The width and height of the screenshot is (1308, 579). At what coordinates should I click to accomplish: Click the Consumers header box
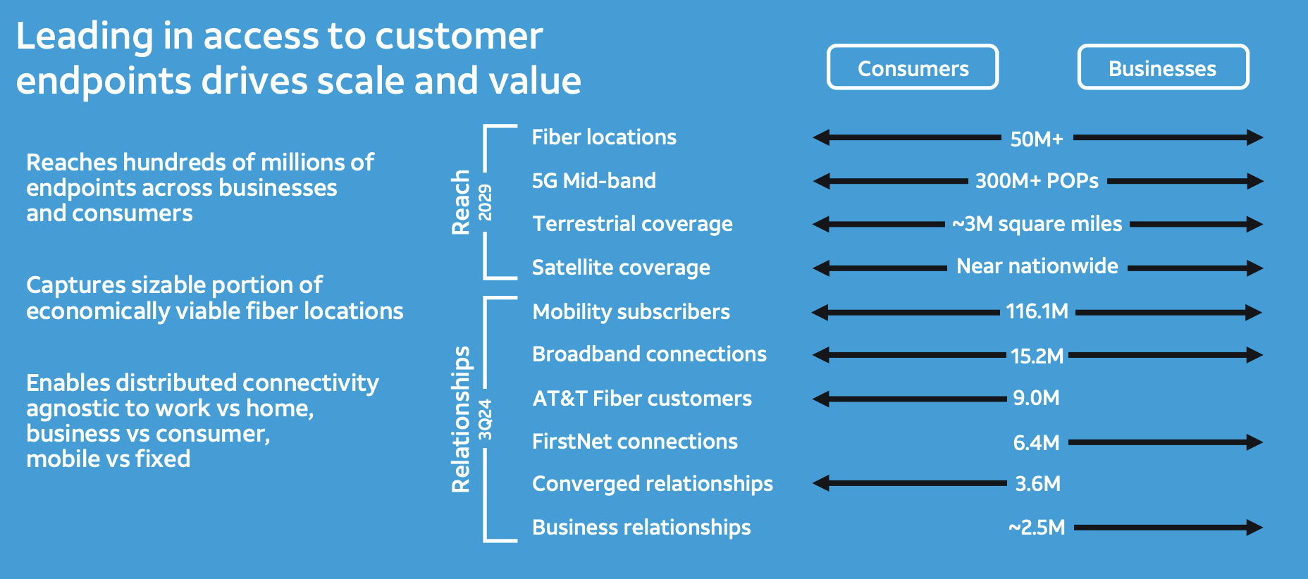[x=913, y=68]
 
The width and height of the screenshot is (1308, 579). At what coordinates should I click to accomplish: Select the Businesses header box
[x=1163, y=68]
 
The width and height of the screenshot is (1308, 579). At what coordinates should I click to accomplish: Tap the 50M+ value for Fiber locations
[x=1037, y=139]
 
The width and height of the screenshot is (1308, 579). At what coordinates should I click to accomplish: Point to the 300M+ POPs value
[x=1037, y=181]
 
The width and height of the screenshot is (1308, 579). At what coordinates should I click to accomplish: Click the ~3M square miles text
[x=1037, y=224]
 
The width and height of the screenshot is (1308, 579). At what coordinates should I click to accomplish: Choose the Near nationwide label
[x=1037, y=266]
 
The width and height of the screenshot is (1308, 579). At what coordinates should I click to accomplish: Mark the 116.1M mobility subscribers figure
[x=1037, y=311]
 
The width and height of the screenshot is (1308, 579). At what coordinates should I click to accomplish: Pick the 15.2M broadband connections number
[x=1037, y=356]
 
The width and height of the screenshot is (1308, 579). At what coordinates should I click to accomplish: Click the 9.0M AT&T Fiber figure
[x=1036, y=398]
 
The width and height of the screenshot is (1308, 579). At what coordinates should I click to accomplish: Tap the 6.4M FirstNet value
[x=1036, y=442]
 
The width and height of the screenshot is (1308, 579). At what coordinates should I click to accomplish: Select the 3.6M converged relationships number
[x=1037, y=484]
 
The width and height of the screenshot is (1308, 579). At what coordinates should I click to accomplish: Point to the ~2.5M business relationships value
[x=1037, y=528]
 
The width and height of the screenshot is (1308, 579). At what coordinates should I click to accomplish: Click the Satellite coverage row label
[x=621, y=268]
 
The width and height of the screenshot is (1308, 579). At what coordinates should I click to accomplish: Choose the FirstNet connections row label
[x=634, y=442]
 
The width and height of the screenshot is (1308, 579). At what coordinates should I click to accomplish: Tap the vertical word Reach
[x=460, y=202]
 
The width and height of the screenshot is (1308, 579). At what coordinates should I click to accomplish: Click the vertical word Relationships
[x=460, y=419]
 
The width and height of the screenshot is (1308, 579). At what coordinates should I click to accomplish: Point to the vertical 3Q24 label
[x=486, y=419]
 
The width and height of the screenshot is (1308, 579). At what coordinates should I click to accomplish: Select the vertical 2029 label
[x=486, y=202]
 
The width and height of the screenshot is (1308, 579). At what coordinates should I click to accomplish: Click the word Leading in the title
[x=84, y=37]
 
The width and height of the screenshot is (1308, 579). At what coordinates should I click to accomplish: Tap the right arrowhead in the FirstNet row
[x=1254, y=442]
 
